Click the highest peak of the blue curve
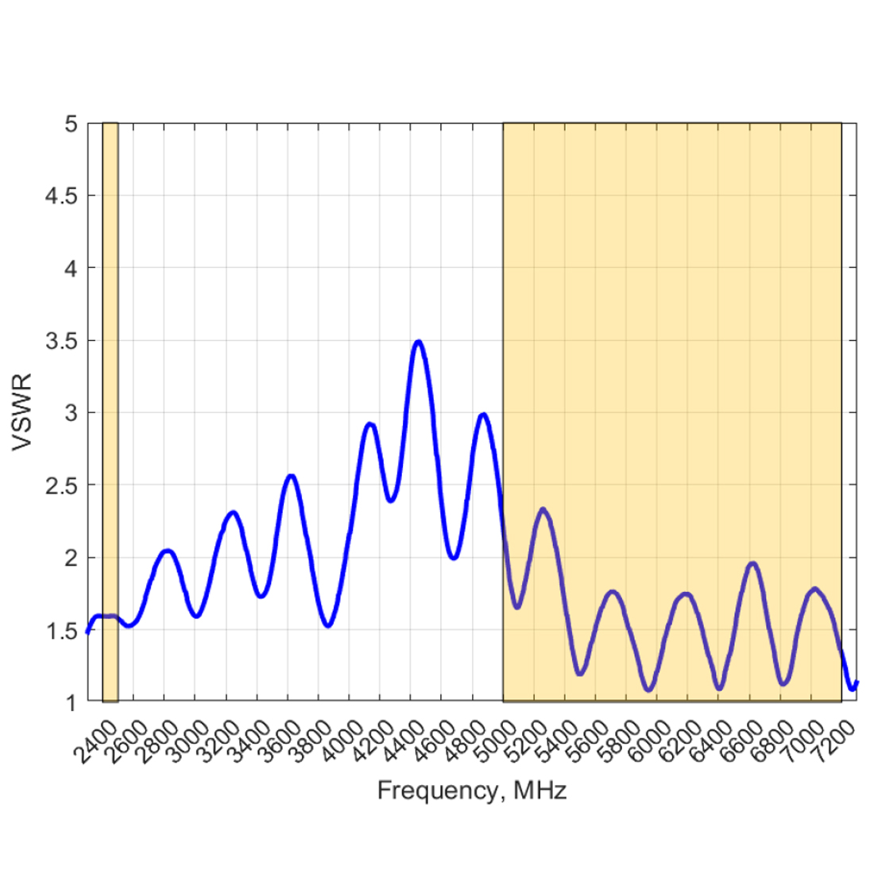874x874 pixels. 418,342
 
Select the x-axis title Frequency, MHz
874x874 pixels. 472,791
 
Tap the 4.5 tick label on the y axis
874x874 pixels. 63,195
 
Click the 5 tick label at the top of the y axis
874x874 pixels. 72,124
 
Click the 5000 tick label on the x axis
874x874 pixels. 499,741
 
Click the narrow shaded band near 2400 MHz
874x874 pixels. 110,412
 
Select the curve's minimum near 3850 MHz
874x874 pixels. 327,625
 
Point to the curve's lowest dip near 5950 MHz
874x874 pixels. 648,690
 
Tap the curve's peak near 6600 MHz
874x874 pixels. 752,563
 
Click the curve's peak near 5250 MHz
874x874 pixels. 543,509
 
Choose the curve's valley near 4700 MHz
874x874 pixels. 453,558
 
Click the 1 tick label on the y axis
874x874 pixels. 72,702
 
